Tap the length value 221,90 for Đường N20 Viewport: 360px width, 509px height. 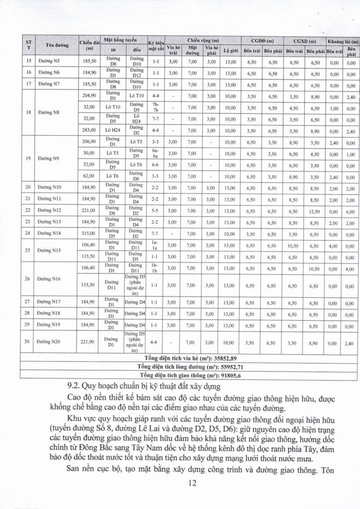click(x=90, y=342)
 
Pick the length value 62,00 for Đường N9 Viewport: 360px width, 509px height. click(x=90, y=176)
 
